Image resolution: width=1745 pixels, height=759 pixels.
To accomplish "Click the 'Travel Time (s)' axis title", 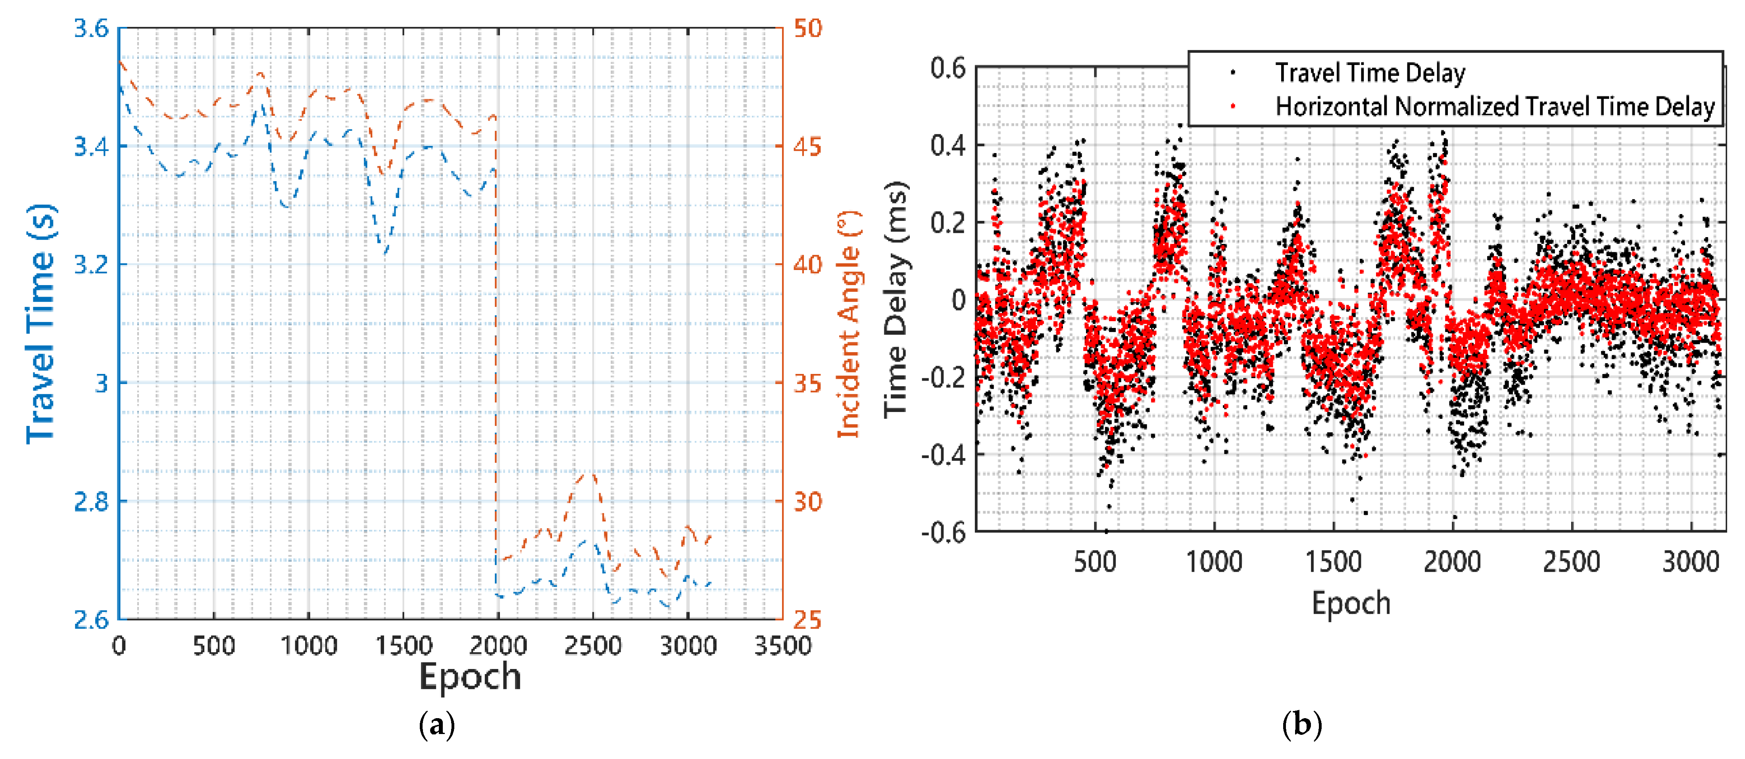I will [x=40, y=324].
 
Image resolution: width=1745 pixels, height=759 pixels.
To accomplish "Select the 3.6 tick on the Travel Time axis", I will [x=91, y=29].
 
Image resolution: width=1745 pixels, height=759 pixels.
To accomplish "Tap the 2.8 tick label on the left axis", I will [x=91, y=502].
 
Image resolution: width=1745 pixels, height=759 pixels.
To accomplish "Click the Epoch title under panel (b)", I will [x=1351, y=603].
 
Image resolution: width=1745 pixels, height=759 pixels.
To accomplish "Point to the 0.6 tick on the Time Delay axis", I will [x=948, y=68].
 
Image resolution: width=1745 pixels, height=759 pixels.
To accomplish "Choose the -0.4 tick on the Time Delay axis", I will [x=943, y=454].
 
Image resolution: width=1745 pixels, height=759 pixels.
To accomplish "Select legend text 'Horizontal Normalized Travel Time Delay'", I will [x=1494, y=106].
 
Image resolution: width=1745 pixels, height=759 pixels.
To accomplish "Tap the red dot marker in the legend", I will [x=1233, y=105].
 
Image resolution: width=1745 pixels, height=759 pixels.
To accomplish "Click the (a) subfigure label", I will [x=437, y=725].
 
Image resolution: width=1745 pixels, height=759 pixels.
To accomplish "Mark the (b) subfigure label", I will [x=1301, y=725].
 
